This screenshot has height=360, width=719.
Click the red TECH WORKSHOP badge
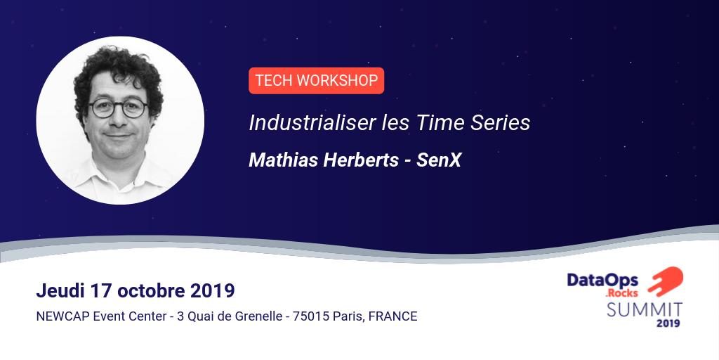coord(317,81)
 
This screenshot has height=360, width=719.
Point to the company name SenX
coord(439,160)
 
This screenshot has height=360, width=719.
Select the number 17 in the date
coord(100,290)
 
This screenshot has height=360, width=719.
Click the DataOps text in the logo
coord(602,280)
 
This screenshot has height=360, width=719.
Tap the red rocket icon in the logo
coord(666,281)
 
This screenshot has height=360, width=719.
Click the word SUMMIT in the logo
coord(645,309)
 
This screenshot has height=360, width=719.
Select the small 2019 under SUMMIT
coord(668,323)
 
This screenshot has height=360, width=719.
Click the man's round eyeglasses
coord(118,108)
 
